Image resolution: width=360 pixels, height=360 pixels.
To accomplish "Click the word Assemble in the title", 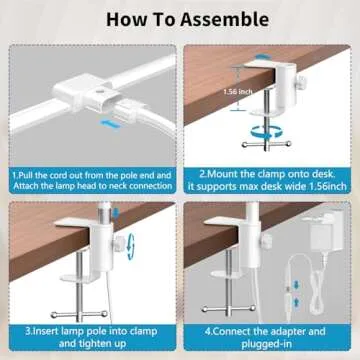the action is pyautogui.click(x=225, y=19).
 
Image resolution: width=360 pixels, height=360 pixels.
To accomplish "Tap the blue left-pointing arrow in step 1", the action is pyautogui.click(x=110, y=124).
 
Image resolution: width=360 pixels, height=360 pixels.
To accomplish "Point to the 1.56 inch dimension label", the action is pyautogui.click(x=238, y=91).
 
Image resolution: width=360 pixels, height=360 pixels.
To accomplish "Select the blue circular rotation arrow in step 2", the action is pyautogui.click(x=266, y=131).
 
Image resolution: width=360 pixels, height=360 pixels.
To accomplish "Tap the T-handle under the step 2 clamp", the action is pyautogui.click(x=266, y=144).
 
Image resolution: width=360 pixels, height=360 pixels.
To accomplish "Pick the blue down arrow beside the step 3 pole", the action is pyautogui.click(x=116, y=213).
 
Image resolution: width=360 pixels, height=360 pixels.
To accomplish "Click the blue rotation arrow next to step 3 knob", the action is pyautogui.click(x=131, y=247).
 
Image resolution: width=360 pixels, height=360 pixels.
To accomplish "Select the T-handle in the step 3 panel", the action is pyautogui.click(x=79, y=314).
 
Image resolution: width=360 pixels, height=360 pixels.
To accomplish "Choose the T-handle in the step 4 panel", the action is pyautogui.click(x=229, y=309).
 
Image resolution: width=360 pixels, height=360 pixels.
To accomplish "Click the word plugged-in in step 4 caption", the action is pyautogui.click(x=266, y=344).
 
